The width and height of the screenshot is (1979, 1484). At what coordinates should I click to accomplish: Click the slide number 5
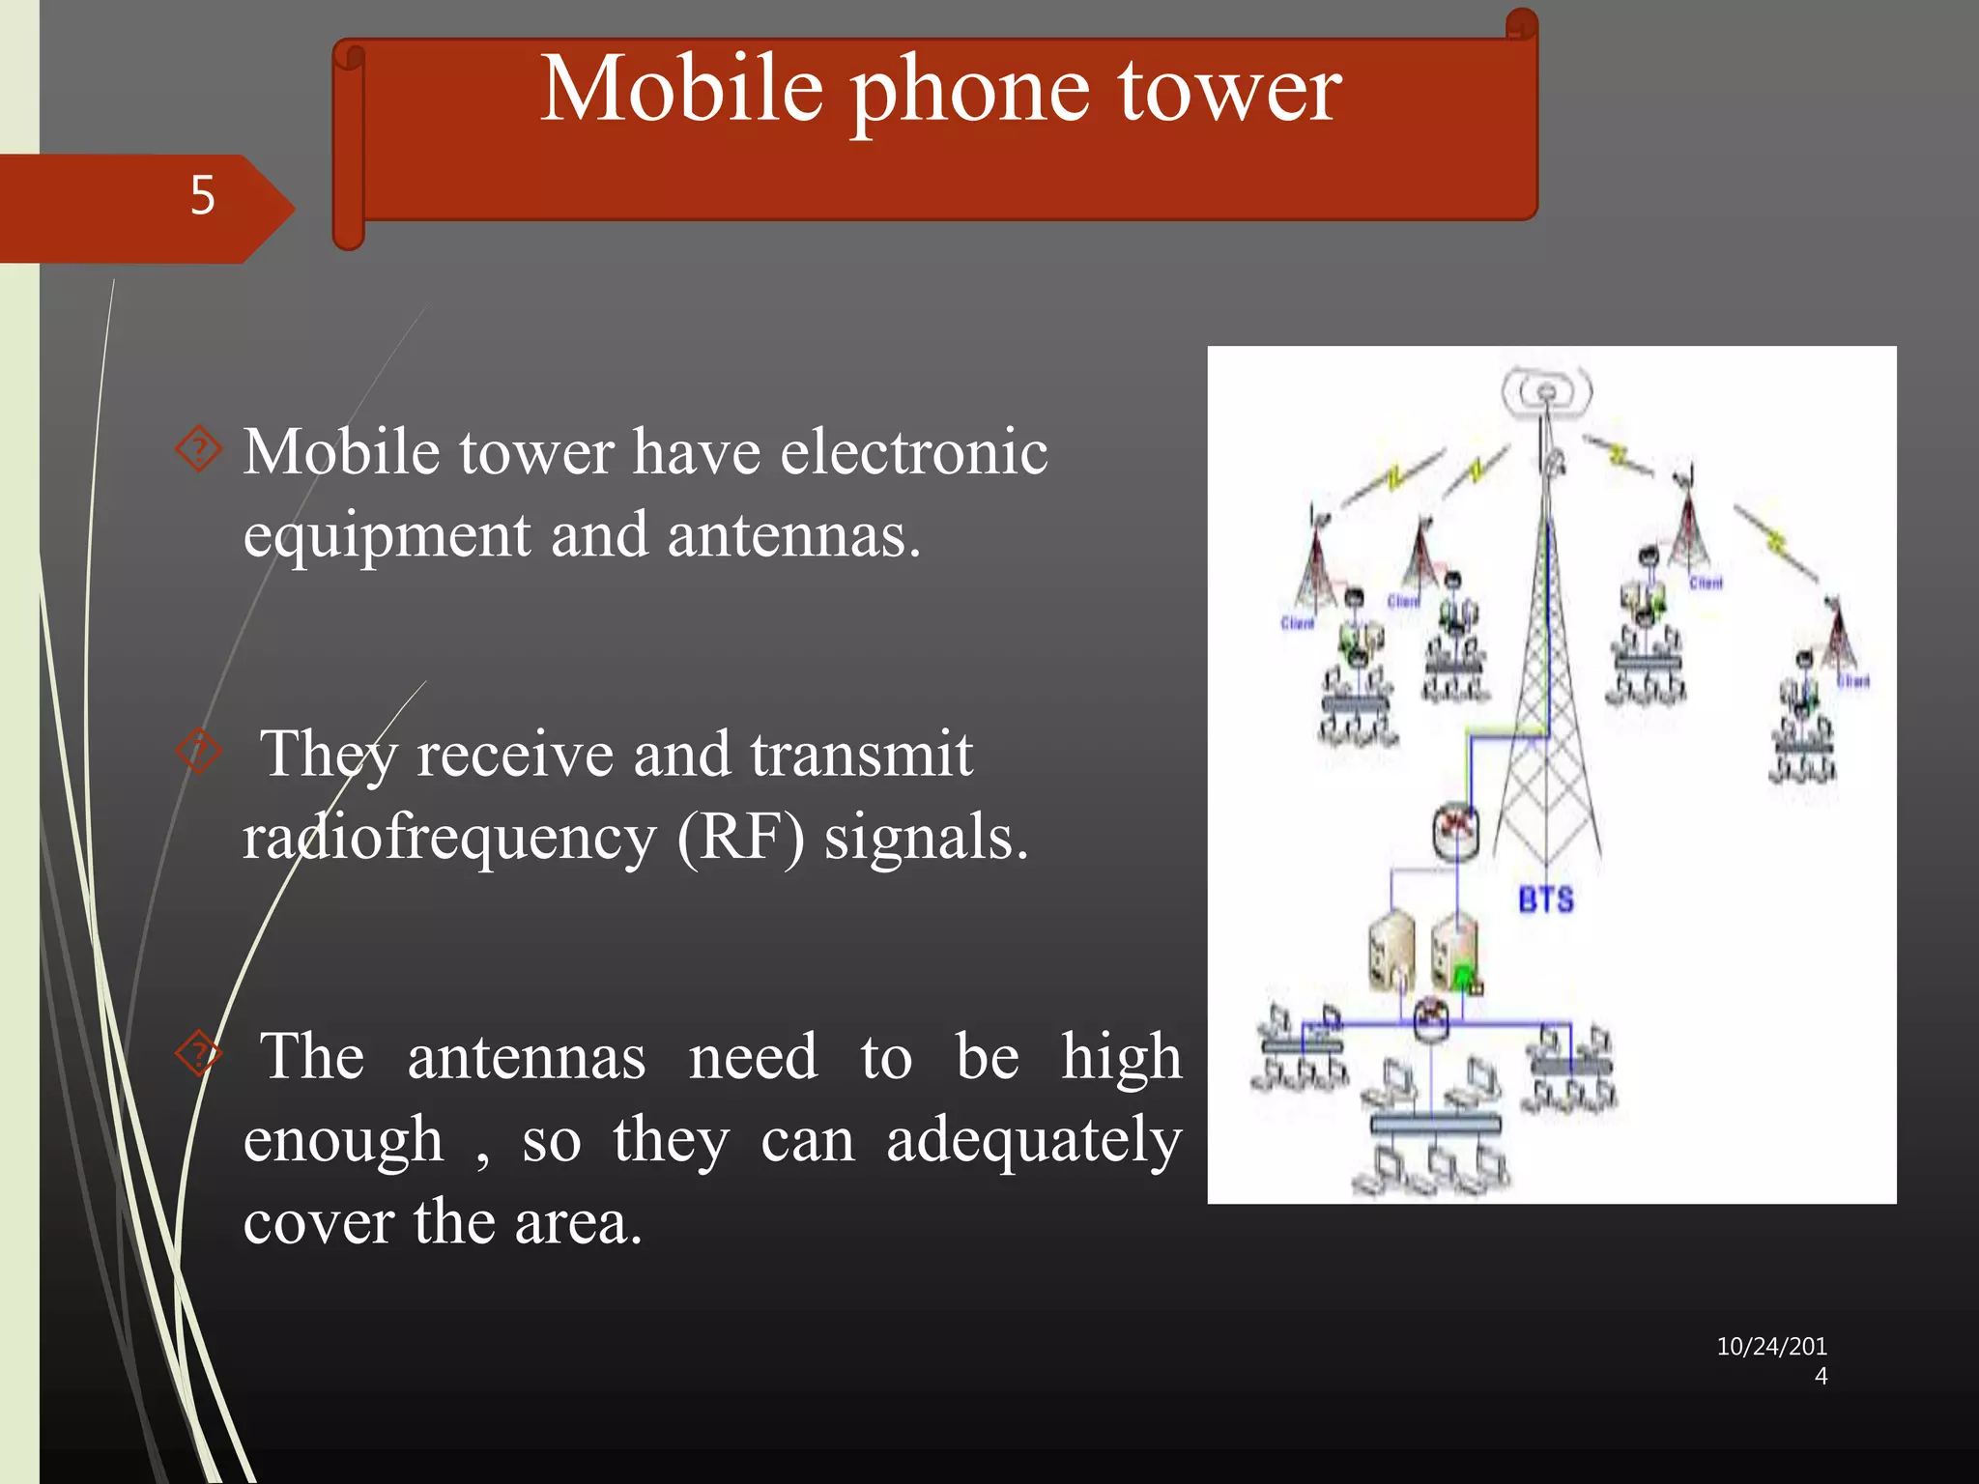point(202,195)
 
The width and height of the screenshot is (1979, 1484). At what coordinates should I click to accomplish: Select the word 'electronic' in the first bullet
point(913,452)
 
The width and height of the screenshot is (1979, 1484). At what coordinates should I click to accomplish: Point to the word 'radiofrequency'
point(448,837)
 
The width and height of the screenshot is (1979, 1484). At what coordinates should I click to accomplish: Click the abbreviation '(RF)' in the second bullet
point(740,837)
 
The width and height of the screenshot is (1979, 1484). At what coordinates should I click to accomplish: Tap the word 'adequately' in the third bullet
point(1033,1140)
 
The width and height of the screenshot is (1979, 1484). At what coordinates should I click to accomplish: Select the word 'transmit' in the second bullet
point(860,755)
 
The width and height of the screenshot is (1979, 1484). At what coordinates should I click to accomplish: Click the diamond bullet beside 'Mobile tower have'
point(199,449)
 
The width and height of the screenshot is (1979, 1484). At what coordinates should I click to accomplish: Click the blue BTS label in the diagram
point(1545,900)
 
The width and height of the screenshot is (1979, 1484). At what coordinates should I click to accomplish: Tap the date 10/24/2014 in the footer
point(1771,1359)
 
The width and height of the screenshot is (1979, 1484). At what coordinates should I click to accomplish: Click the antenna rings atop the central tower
point(1546,392)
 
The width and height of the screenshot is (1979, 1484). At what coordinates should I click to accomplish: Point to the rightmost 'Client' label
point(1852,682)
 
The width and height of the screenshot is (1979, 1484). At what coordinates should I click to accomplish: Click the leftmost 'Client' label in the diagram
point(1297,624)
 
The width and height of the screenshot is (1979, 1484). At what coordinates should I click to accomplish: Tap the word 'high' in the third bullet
point(1121,1057)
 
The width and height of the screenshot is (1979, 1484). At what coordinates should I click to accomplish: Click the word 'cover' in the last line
point(318,1223)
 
